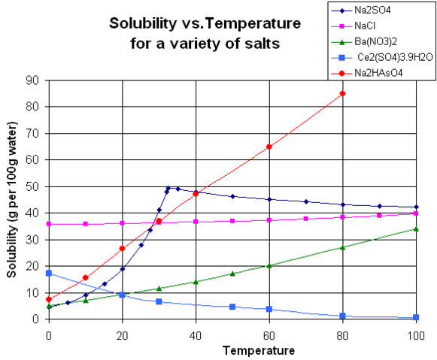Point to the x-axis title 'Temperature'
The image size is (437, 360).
(232, 350)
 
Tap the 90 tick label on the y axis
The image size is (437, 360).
(33, 80)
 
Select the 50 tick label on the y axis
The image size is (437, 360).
(33, 186)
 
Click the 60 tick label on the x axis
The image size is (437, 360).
(269, 333)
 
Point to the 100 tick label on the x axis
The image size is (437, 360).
(416, 333)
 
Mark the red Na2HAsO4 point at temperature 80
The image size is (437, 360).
(343, 93)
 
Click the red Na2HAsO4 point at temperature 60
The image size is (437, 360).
(269, 147)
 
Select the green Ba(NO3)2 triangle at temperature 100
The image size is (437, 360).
(416, 228)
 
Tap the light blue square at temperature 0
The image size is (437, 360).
(49, 273)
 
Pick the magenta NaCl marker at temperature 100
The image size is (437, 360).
(416, 213)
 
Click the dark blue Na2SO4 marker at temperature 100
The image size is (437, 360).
(416, 207)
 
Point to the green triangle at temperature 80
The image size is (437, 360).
(343, 247)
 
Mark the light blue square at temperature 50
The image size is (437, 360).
(232, 307)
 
